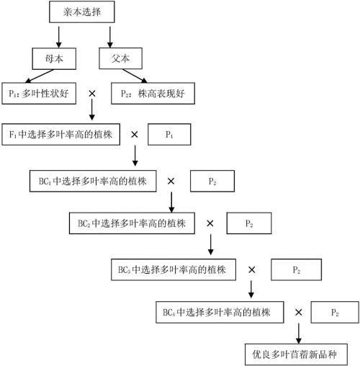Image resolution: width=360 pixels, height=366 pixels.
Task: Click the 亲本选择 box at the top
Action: tap(83, 12)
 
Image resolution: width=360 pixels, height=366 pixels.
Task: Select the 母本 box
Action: tap(55, 58)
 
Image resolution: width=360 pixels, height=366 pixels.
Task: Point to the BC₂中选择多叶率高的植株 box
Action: tap(132, 223)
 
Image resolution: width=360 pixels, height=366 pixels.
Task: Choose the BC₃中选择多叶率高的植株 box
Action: tap(171, 269)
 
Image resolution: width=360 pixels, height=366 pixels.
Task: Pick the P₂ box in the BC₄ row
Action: tap(335, 313)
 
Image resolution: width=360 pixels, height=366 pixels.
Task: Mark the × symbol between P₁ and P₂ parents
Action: tap(91, 94)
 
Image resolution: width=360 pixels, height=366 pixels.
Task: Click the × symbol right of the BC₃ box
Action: tap(252, 269)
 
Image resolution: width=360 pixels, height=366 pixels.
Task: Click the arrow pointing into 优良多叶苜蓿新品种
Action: tap(298, 334)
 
